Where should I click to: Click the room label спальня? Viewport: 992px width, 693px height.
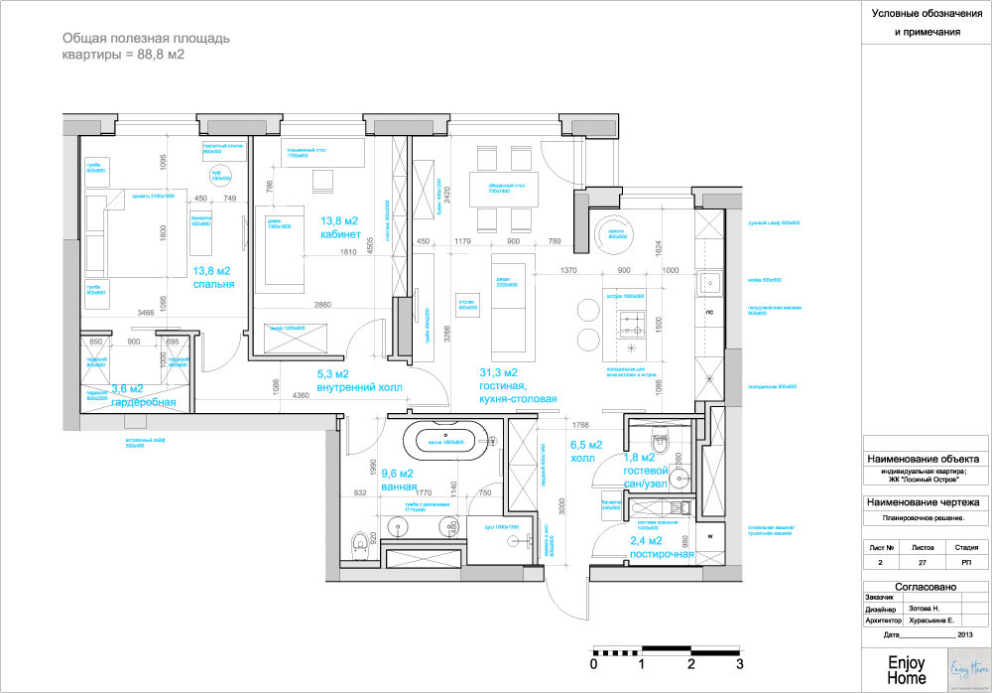(213, 284)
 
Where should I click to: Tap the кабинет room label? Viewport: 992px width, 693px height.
(339, 234)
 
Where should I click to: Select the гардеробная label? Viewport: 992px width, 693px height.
(144, 402)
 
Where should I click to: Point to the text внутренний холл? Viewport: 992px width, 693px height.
(359, 388)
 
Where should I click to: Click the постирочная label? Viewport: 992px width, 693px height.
(662, 554)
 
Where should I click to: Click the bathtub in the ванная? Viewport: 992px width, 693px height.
(446, 436)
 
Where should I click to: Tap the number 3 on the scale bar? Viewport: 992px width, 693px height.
(739, 663)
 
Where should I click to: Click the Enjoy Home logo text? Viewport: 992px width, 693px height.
(907, 670)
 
